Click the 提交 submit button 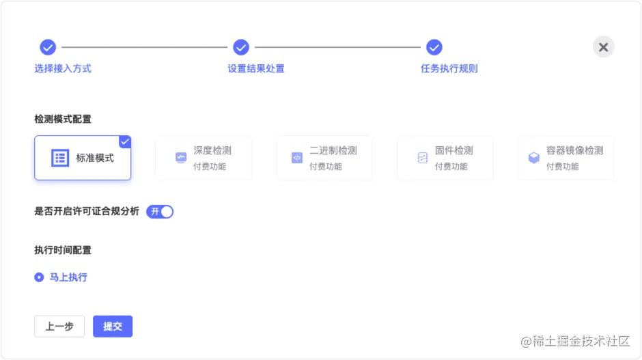pos(113,327)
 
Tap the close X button pos(603,47)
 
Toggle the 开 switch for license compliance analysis pos(160,212)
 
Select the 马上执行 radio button pos(39,277)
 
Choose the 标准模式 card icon pos(60,158)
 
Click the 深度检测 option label pos(212,151)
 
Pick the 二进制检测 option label pos(333,151)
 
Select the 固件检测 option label pos(454,151)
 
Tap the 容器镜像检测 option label pos(574,151)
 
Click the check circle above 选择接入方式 pos(48,47)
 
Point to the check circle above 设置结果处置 pos(241,47)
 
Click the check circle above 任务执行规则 pos(434,47)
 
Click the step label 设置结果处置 pos(256,68)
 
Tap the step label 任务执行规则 pos(449,68)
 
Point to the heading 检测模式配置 pos(63,119)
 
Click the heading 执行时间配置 pos(63,250)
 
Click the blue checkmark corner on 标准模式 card pos(125,141)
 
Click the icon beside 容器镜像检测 pos(534,158)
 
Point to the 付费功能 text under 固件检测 pos(451,167)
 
